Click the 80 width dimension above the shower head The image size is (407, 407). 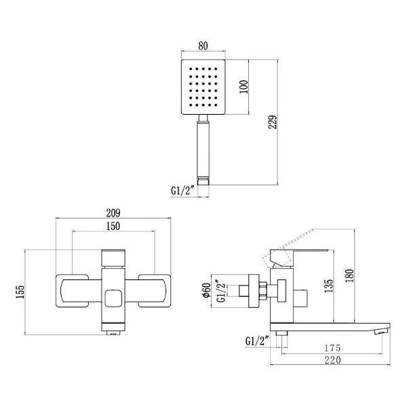(x=203, y=45)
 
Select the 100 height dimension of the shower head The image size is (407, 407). (x=244, y=87)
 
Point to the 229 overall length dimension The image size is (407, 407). (x=273, y=122)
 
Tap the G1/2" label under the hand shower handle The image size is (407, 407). (x=182, y=191)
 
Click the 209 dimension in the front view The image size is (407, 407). (x=113, y=213)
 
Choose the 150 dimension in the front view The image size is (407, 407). (x=113, y=226)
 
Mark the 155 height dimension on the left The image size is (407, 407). (x=20, y=292)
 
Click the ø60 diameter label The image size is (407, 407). (x=207, y=290)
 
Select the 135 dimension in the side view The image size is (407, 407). (x=328, y=286)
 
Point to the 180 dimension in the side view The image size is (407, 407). (x=349, y=275)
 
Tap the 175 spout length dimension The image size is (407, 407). (x=332, y=348)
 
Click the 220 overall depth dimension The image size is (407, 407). (x=332, y=360)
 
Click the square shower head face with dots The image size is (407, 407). (x=203, y=87)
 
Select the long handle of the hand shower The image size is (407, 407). (x=203, y=149)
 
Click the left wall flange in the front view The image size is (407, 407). (x=73, y=291)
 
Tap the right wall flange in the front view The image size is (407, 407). (x=155, y=291)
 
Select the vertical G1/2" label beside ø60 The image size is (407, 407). (x=221, y=291)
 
